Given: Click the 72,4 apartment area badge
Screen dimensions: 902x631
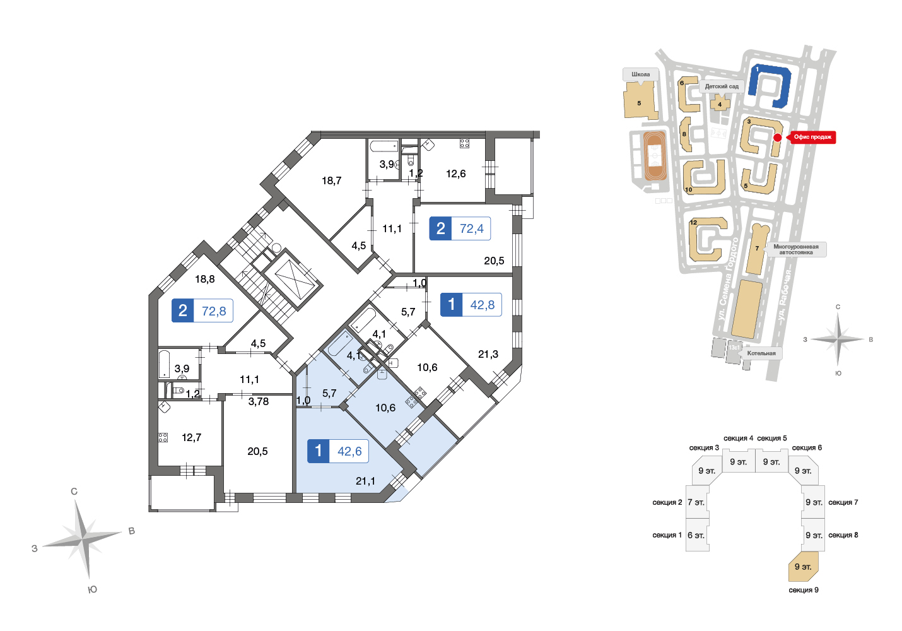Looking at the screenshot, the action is coord(460,228).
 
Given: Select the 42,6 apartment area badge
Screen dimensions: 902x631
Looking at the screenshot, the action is coord(338,451).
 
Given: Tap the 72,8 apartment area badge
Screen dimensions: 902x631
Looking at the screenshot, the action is coord(202,310).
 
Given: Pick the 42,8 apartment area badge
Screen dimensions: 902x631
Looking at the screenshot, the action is coord(471,305).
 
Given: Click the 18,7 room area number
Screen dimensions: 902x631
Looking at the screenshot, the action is coord(331,180).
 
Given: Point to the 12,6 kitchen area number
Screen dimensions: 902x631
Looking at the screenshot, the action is coord(456,174).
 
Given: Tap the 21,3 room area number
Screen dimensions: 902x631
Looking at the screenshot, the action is coord(488,354).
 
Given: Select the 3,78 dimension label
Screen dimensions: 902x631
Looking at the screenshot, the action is coord(258,401).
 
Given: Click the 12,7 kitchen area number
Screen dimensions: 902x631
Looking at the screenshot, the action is coord(191,437).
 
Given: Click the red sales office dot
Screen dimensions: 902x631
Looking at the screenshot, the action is coord(778,138).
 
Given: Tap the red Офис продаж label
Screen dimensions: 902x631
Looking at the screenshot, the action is coord(812,137).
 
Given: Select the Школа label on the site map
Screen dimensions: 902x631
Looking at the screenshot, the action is coord(641,74).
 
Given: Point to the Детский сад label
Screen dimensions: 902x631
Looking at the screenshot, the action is coord(722,86).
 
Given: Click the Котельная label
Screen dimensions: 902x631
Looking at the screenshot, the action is coord(761,353).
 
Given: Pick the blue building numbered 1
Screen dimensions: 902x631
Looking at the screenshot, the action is coord(770,86).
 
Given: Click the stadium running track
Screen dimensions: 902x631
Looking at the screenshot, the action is coord(655,155).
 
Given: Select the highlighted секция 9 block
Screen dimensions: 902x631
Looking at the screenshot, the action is coord(803,567).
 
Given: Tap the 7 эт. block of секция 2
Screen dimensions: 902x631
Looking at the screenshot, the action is coord(697,502).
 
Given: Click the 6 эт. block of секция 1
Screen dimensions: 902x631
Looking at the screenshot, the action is coord(697,535).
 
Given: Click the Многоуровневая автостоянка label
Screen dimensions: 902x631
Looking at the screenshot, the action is coord(795,249).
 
